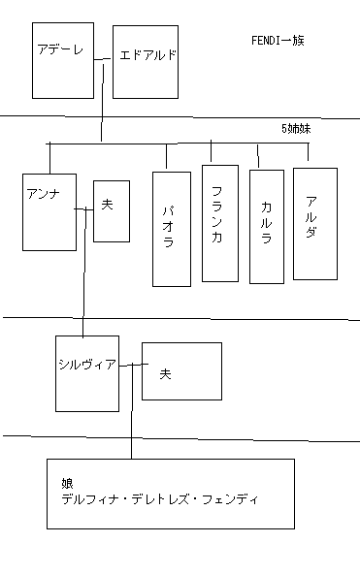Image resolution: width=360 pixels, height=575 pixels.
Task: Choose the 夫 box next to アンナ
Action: point(111,210)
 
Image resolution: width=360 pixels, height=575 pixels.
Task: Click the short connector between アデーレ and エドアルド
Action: point(104,63)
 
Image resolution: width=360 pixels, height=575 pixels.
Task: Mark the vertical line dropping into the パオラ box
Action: point(167,157)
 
